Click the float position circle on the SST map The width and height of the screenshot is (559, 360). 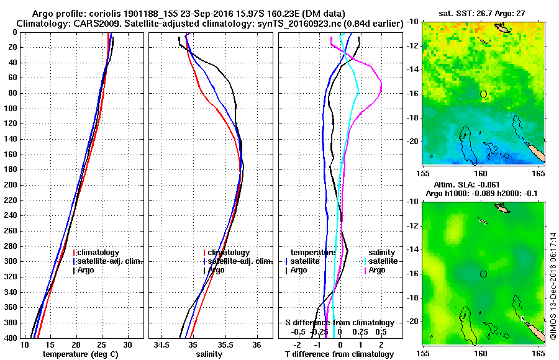(483, 94)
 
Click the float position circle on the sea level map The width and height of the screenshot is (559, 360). (483, 273)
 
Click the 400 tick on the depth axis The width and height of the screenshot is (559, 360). (12, 338)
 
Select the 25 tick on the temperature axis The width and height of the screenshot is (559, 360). (102, 344)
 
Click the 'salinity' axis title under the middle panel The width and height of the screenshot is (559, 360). (208, 354)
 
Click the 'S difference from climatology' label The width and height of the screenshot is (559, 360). (339, 323)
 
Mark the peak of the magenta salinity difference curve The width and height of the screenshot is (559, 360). (381, 85)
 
